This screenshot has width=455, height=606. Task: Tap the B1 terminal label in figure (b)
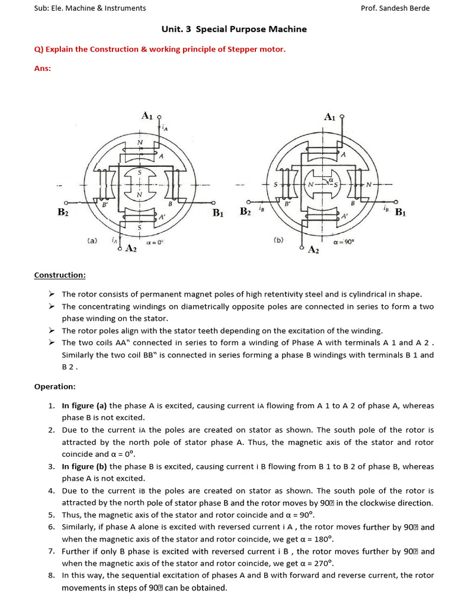click(400, 212)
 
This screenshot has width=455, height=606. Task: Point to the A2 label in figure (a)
click(131, 249)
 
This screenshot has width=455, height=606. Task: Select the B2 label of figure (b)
click(245, 211)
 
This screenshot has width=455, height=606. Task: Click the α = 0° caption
click(155, 243)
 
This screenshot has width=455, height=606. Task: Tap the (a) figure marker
click(92, 241)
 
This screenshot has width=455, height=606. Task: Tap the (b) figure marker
click(278, 240)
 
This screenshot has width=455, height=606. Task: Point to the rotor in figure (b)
click(322, 185)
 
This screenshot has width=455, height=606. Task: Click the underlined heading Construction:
click(60, 275)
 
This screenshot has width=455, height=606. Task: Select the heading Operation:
click(55, 386)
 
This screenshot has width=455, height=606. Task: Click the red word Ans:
click(43, 68)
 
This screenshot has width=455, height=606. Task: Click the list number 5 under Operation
click(52, 515)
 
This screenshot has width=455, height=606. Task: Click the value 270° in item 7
click(323, 563)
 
